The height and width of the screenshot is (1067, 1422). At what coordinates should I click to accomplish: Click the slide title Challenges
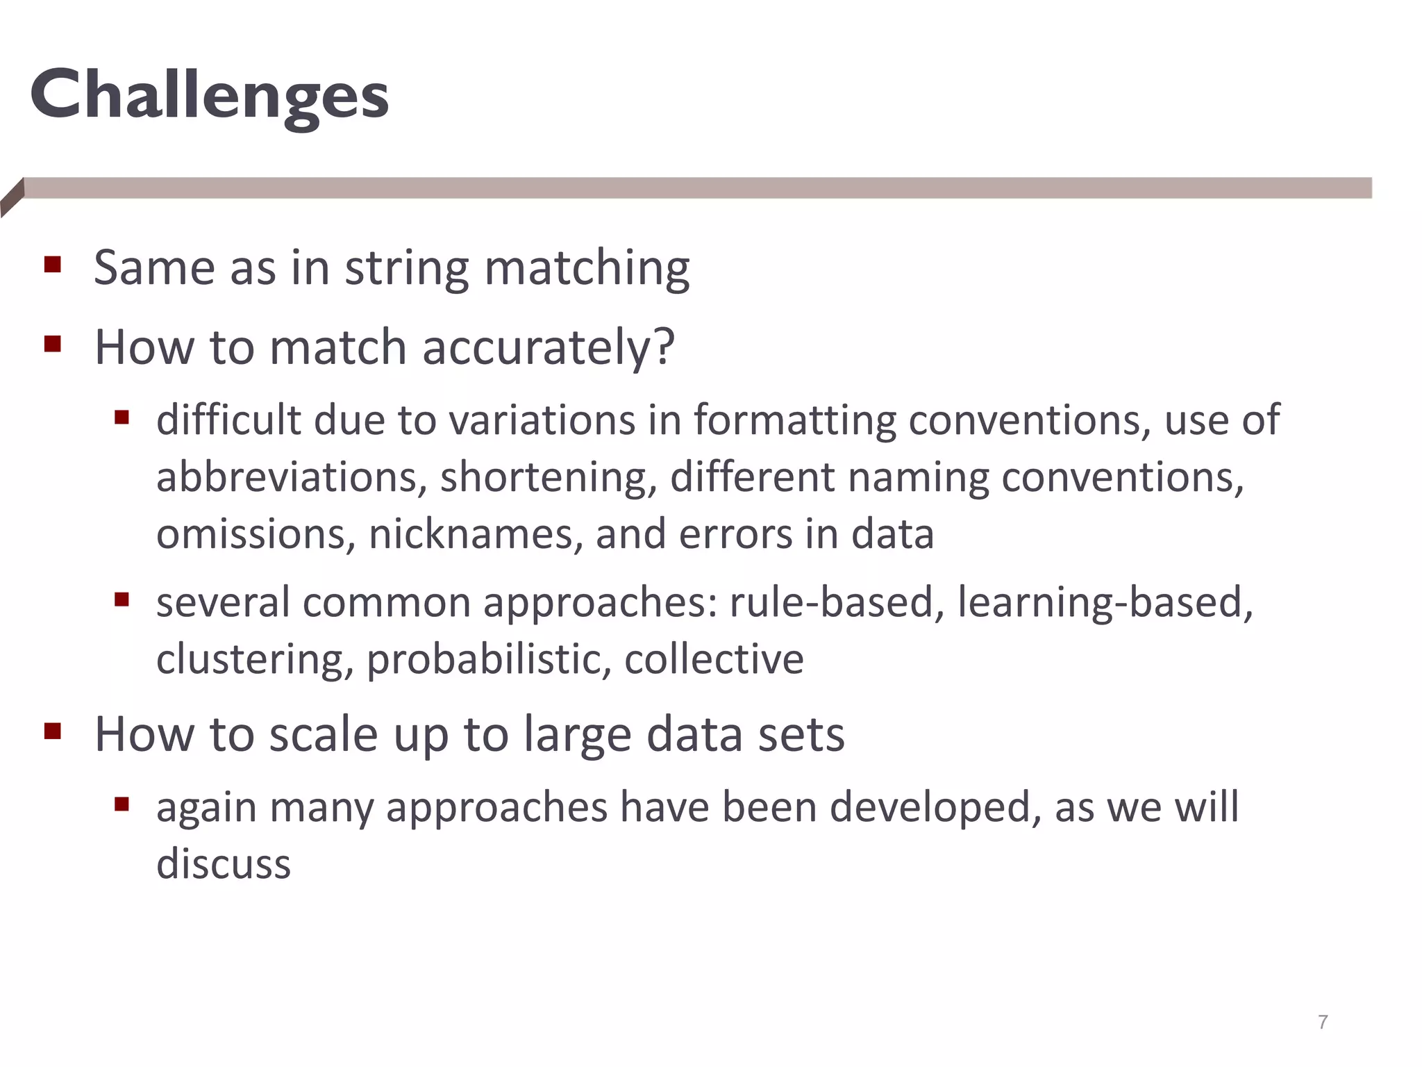tap(209, 96)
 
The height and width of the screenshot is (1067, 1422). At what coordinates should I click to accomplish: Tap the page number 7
tap(1322, 1022)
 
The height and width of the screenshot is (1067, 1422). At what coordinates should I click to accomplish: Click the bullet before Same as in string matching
tap(53, 265)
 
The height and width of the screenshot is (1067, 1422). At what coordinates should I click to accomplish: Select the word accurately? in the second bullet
tap(548, 347)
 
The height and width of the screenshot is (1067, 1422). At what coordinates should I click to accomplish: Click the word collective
tap(714, 659)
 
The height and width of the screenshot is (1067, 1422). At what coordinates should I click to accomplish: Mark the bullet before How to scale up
tap(53, 731)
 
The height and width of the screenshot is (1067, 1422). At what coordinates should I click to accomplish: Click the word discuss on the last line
tap(223, 864)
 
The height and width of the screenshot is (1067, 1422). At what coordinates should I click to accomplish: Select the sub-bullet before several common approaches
tap(122, 599)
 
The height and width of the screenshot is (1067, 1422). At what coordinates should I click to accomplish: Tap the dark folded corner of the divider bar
tap(12, 197)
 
